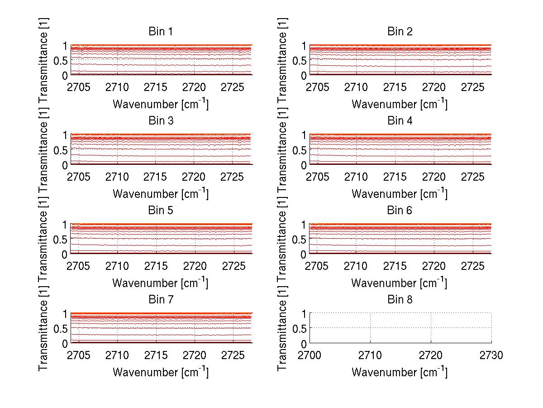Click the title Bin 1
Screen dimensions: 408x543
coord(160,32)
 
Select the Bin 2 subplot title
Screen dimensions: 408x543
coord(400,32)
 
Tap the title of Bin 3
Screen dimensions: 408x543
coord(160,121)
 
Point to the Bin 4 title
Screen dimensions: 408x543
coord(400,121)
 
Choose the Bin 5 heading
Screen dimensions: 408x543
coord(160,211)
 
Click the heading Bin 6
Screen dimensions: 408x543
coord(400,211)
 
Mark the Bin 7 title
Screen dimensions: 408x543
coord(160,300)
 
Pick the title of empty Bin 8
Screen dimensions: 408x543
coord(400,300)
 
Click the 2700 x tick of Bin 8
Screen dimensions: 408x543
coord(310,355)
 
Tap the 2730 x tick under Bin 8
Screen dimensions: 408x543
coord(491,355)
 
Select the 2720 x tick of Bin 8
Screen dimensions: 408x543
coord(431,355)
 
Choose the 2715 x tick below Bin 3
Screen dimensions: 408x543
coord(156,176)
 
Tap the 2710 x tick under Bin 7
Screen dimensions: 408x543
coord(118,355)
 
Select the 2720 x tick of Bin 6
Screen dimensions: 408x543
coord(434,265)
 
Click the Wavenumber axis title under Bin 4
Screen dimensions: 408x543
coord(400,193)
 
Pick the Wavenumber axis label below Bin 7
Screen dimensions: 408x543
coord(160,372)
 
